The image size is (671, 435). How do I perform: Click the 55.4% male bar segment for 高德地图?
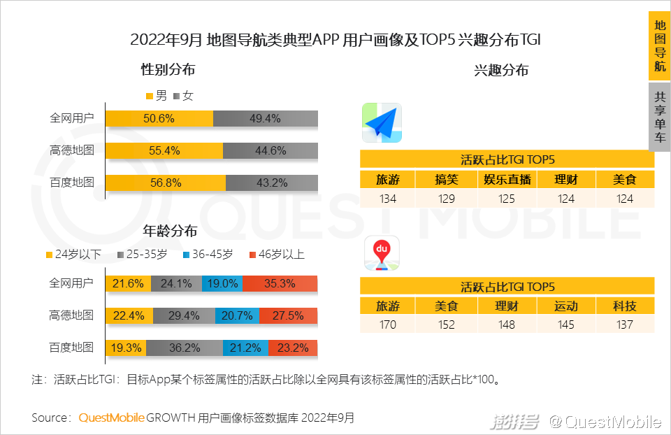[x=164, y=150]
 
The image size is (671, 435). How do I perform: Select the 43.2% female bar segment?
[x=271, y=183]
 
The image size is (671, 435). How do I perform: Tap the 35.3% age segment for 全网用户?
[x=280, y=283]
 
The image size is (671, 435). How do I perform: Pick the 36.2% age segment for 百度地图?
[x=184, y=348]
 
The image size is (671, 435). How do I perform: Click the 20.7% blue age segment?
[x=236, y=315]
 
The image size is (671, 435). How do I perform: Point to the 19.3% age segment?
[x=126, y=348]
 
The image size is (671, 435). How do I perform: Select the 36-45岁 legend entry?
[x=208, y=255]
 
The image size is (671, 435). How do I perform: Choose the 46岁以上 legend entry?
[x=277, y=255]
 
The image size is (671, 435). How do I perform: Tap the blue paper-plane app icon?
[x=382, y=124]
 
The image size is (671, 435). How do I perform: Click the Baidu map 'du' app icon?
[x=382, y=255]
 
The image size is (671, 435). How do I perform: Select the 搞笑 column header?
[x=446, y=179]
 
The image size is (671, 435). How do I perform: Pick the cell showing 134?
[x=387, y=199]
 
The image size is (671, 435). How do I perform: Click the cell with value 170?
[x=387, y=325]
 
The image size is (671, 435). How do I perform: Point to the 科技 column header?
[x=624, y=306]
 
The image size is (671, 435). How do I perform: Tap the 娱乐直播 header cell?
[x=507, y=179]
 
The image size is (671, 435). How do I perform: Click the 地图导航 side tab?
[x=659, y=46]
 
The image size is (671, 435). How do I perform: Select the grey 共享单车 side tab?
[x=659, y=117]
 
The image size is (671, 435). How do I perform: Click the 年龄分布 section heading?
[x=170, y=231]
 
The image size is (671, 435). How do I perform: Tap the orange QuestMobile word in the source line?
[x=111, y=418]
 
